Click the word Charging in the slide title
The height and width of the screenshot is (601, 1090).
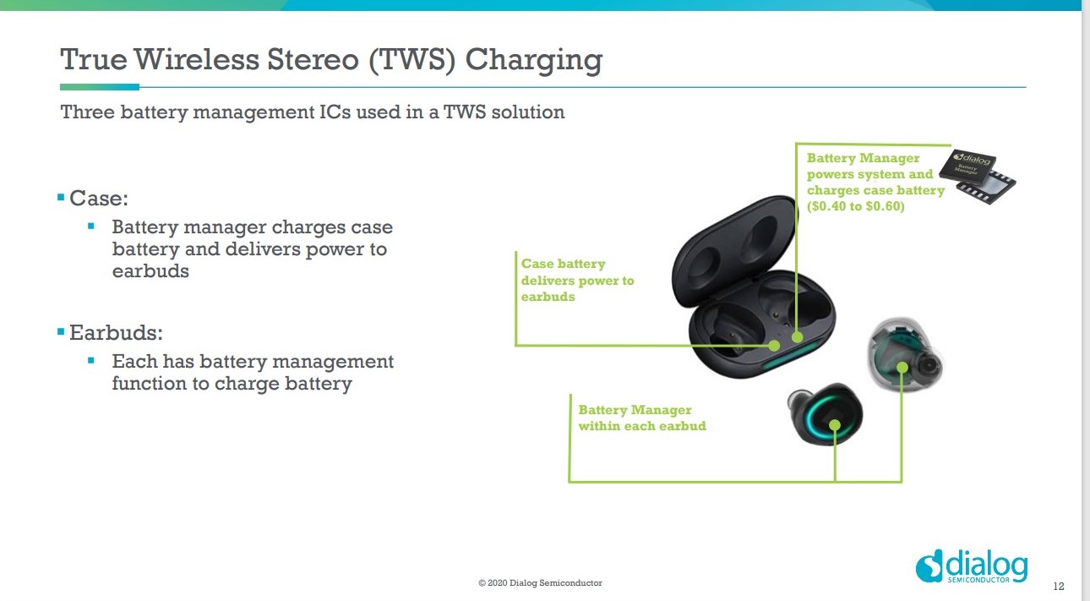[534, 61]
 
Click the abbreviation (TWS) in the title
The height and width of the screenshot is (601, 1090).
[412, 60]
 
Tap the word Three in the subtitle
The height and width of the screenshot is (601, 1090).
[87, 112]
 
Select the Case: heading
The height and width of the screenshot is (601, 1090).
[99, 198]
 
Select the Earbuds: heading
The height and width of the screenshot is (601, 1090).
[116, 333]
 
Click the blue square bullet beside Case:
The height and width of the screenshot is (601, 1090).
[61, 197]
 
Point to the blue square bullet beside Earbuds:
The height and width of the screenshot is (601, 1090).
[61, 332]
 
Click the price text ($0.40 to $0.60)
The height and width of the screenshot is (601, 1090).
[855, 206]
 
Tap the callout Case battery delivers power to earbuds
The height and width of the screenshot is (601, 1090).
[577, 281]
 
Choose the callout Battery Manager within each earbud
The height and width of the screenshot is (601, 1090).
[642, 418]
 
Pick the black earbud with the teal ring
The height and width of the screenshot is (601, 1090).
[825, 413]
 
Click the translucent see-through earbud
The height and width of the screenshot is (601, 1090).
[905, 354]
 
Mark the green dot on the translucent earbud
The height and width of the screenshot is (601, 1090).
[902, 368]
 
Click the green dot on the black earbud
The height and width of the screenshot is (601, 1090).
[835, 425]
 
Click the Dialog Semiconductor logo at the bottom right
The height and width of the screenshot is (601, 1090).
[971, 566]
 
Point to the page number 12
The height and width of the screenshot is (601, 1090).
[1059, 587]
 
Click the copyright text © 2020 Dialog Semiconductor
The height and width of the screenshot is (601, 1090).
[540, 583]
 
